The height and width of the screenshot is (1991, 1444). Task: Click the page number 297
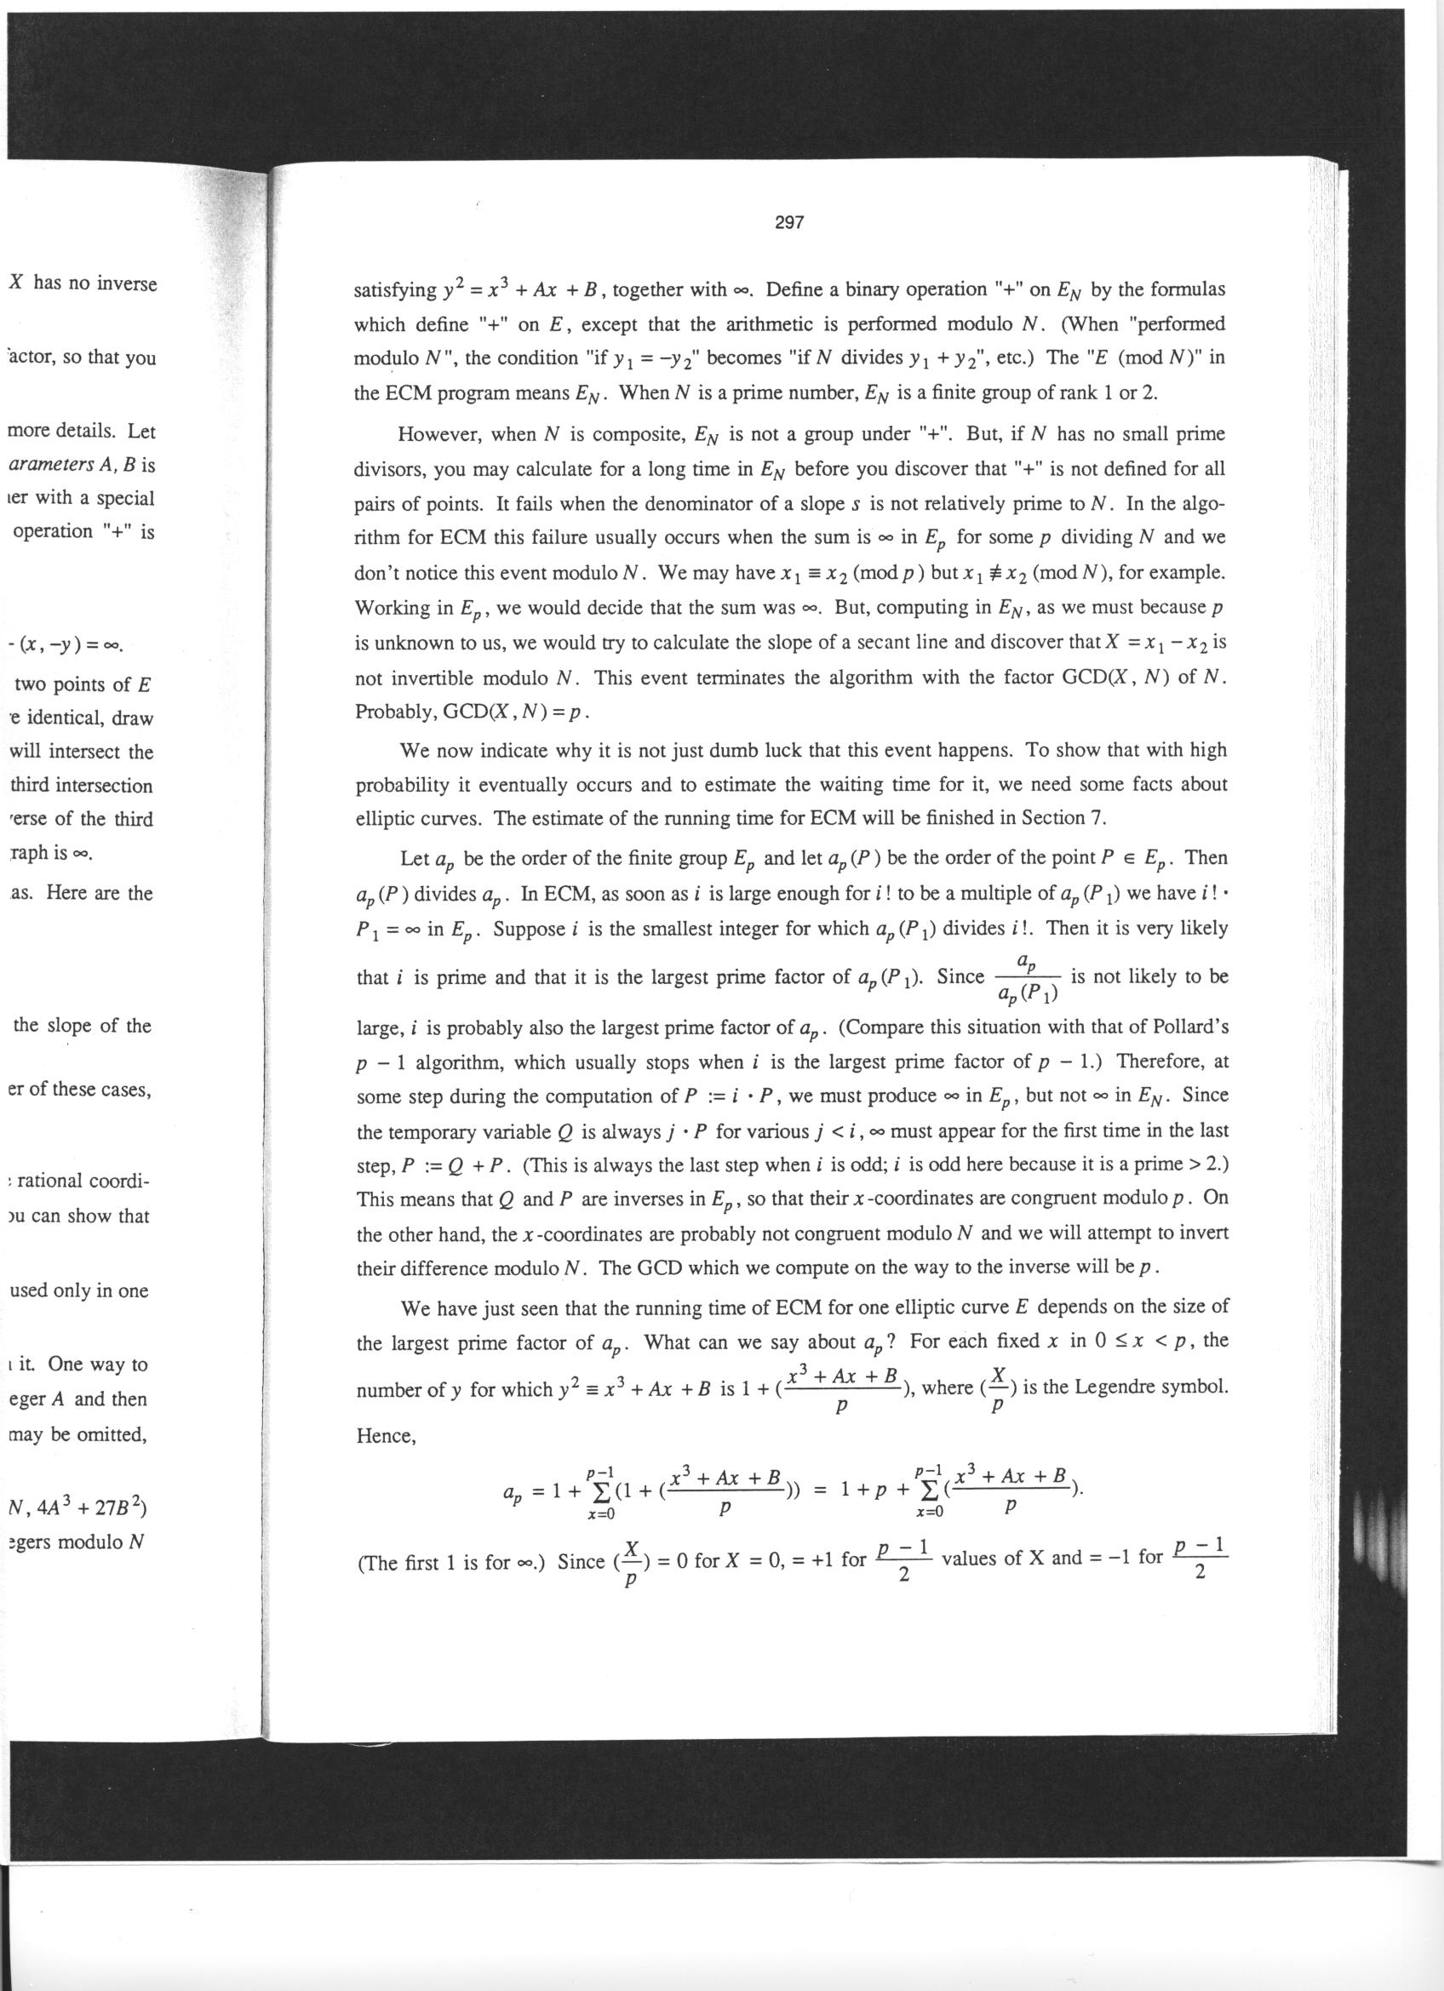coord(789,223)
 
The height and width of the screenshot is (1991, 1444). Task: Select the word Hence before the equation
coord(384,1435)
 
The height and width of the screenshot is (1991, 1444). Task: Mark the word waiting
coord(881,784)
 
